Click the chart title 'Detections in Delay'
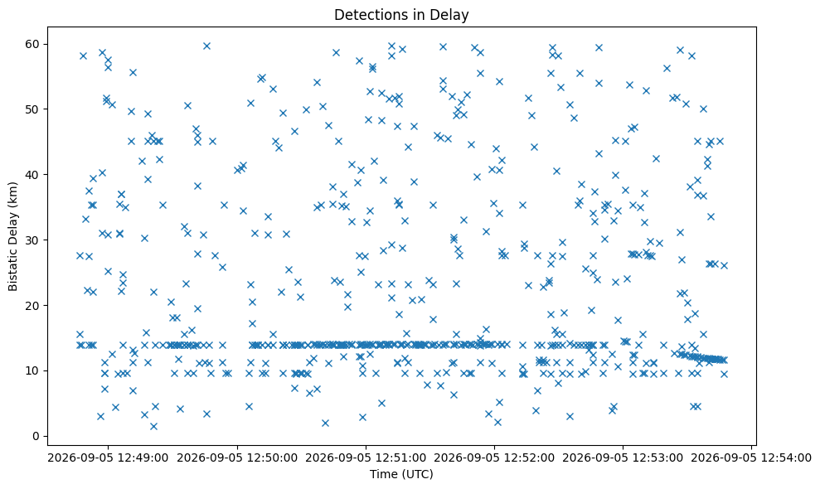(x=401, y=15)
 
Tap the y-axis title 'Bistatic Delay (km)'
(x=13, y=236)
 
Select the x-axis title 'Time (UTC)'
(x=401, y=474)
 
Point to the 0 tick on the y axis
(x=36, y=436)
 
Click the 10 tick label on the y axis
(x=32, y=370)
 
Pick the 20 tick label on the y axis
(x=32, y=306)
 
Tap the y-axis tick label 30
(x=32, y=240)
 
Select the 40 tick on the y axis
(x=32, y=175)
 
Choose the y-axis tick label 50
(x=32, y=109)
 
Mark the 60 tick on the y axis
(x=32, y=44)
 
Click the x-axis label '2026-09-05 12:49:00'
(x=109, y=458)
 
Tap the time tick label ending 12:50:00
(x=237, y=458)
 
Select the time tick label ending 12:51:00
(x=366, y=458)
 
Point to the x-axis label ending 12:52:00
(x=494, y=458)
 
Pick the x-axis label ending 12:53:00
(x=623, y=458)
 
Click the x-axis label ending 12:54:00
(x=751, y=458)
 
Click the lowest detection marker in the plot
(x=153, y=426)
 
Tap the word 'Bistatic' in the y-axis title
(x=13, y=269)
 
